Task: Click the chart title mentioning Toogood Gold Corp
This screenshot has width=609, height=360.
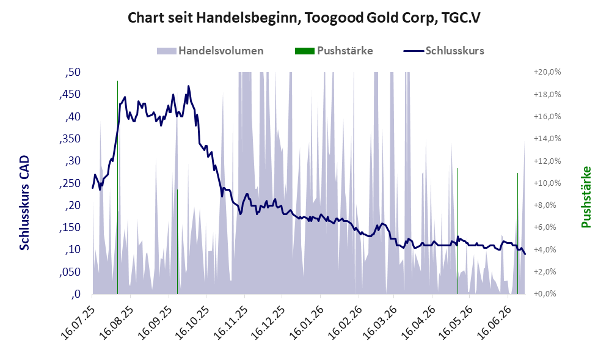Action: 304,18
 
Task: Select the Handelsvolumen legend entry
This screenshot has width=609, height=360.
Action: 210,51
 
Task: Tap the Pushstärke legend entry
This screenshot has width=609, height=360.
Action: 334,51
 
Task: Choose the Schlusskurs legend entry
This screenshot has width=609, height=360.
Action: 444,51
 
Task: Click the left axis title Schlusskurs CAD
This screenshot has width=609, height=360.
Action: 24,202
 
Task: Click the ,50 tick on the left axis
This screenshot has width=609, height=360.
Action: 73,72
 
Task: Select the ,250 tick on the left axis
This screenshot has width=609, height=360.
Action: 70,183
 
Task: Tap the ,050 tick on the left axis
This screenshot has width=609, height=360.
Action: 70,272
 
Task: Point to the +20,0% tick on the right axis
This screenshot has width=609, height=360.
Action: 547,72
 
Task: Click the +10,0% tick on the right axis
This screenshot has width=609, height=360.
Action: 547,183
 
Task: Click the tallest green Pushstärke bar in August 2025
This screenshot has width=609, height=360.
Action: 117,187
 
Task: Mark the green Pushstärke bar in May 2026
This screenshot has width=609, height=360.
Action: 458,231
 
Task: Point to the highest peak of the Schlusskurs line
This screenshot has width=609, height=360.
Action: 188,86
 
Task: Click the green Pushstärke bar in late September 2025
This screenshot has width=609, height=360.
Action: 177,241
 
